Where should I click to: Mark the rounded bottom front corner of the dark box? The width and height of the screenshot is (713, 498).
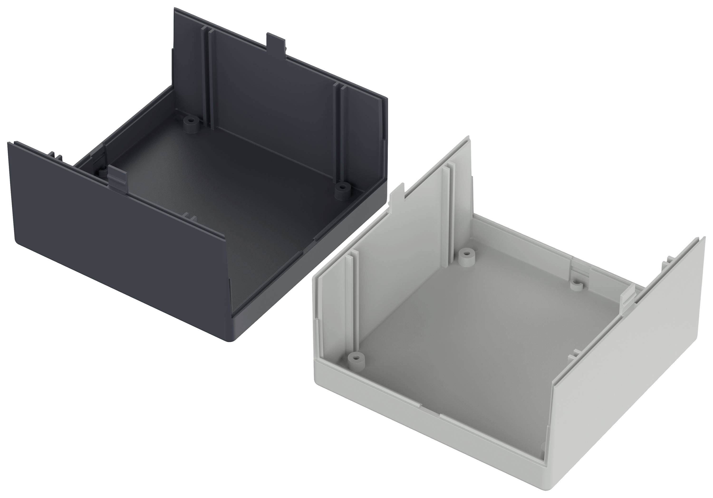pos(231,340)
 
